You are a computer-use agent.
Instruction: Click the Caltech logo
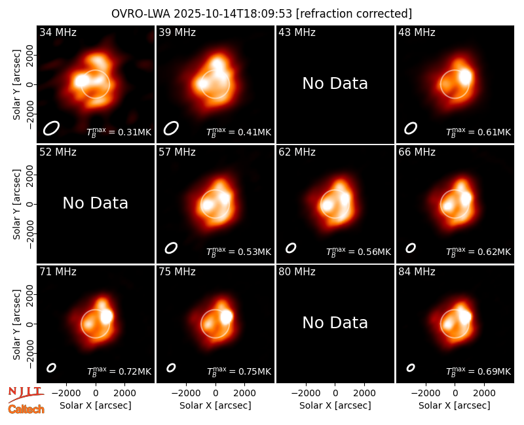point(26,409)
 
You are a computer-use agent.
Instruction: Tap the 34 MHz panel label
point(58,32)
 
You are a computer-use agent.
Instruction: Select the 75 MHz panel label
point(177,271)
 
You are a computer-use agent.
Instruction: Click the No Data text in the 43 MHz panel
point(335,84)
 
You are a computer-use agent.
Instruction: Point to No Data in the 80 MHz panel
point(335,322)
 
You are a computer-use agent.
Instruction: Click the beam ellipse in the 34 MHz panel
point(51,128)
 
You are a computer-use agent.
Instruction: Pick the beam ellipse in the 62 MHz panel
point(291,248)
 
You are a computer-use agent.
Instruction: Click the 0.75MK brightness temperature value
point(239,371)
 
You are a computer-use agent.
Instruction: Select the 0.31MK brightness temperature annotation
point(119,132)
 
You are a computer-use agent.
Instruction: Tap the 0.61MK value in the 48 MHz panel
point(479,132)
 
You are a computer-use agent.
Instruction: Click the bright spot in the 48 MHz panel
point(465,76)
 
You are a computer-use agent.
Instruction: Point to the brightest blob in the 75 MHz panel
point(226,316)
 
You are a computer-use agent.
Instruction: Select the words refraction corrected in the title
point(354,14)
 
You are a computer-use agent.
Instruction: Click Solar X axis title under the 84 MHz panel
point(455,405)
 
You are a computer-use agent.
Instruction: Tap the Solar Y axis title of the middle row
point(16,204)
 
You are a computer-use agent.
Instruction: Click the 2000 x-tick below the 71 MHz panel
point(124,393)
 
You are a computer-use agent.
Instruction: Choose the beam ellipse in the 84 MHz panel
point(411,367)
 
